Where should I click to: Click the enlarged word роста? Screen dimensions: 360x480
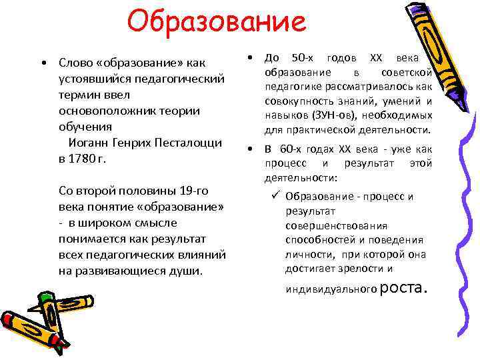(402, 287)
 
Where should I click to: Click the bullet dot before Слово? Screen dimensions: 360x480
(43, 63)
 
